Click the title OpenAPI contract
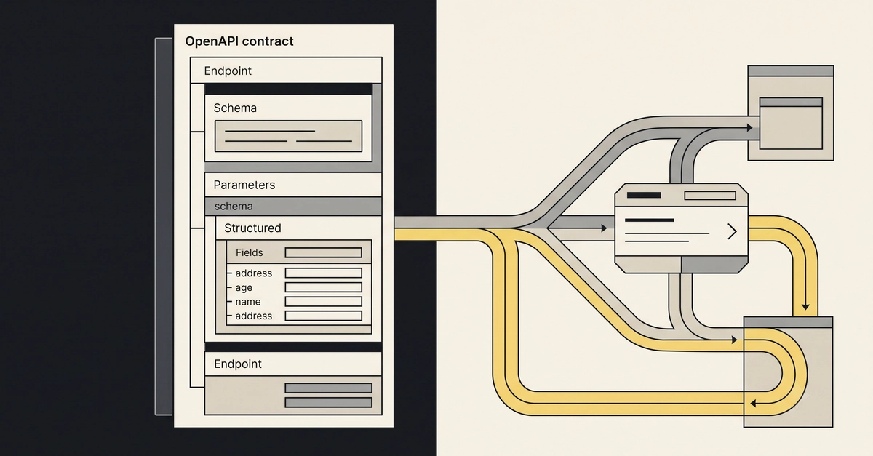coord(239,41)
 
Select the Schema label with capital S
coord(235,108)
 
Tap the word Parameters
coord(244,185)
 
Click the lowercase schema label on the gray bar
coord(234,206)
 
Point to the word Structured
coord(252,228)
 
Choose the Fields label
coord(249,252)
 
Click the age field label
coord(244,287)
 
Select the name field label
coord(248,302)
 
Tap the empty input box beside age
coord(324,287)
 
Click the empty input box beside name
coord(324,302)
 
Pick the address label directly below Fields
coord(253,273)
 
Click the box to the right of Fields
coord(324,252)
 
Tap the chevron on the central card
coord(733,231)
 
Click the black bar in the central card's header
coord(644,195)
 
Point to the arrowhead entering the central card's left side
coord(604,228)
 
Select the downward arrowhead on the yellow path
coord(805,307)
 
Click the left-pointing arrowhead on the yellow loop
coord(754,404)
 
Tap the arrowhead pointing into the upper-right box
coord(749,127)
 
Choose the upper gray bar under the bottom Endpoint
coord(329,388)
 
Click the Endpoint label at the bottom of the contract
coord(238,364)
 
